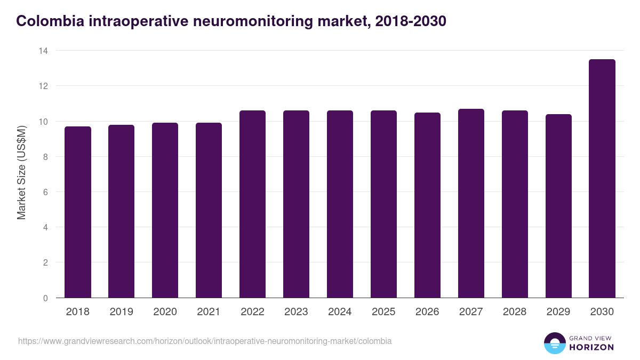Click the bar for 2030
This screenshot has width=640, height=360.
602,179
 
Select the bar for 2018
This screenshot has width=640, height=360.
78,212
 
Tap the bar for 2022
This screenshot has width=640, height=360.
253,204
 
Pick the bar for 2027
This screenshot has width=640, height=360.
471,203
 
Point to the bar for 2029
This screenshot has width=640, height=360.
558,206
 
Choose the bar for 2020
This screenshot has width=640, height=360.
165,210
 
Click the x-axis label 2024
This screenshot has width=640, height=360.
340,312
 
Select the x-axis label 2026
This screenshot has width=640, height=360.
427,312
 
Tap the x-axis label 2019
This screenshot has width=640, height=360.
122,312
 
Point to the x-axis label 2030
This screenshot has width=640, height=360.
602,312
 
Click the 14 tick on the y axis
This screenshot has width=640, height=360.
43,51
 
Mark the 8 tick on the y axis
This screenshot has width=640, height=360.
45,157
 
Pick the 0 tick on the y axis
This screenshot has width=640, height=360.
45,298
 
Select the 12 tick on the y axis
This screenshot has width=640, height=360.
43,86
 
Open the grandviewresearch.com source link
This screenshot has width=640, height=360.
205,341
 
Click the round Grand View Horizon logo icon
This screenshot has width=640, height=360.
555,343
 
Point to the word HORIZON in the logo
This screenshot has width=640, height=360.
591,347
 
